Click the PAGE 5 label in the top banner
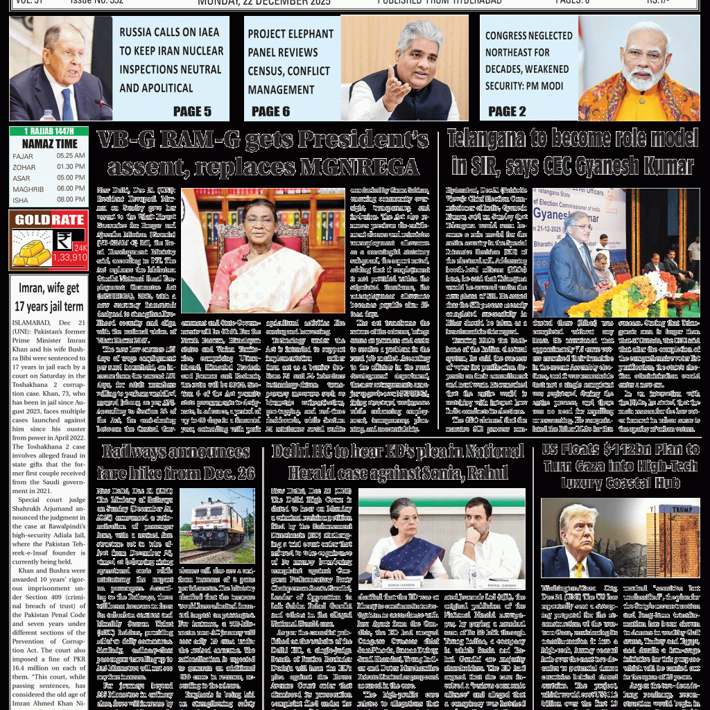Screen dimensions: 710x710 tap(192, 111)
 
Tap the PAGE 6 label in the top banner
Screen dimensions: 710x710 tap(270, 111)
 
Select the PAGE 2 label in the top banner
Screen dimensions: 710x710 tap(507, 111)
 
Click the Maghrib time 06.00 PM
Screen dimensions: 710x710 tap(71, 189)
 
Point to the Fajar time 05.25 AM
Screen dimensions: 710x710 tap(71, 156)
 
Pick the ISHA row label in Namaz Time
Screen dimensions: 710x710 tap(21, 200)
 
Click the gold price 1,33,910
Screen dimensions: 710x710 tap(69, 257)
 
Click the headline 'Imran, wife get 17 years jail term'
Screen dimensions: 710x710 tap(49, 297)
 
